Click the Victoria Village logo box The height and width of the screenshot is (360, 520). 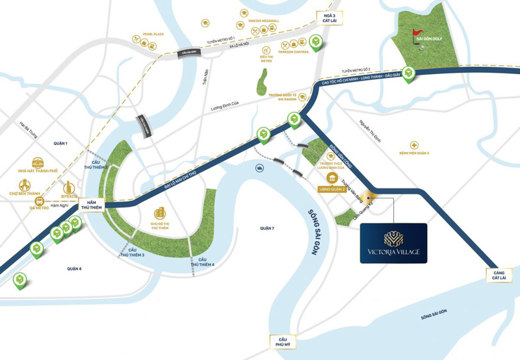(393, 243)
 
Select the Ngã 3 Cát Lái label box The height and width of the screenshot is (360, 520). (326, 17)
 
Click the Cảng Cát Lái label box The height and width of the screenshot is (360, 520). (498, 275)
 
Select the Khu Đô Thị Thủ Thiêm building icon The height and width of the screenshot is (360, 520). (159, 213)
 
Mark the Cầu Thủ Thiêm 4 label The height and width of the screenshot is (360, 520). (202, 262)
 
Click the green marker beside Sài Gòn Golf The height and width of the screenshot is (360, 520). (408, 74)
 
